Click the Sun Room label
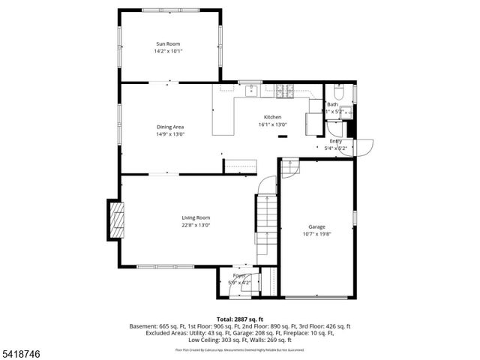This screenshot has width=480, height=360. click(168, 44)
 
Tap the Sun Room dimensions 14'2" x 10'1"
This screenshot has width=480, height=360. click(168, 51)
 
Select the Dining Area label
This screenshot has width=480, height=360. click(170, 127)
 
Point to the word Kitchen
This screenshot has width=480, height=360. click(271, 118)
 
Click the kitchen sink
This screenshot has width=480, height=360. click(252, 91)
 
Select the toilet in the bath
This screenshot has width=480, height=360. click(338, 93)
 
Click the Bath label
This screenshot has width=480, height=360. click(332, 105)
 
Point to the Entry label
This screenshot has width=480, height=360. click(335, 141)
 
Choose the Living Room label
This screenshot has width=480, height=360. click(195, 217)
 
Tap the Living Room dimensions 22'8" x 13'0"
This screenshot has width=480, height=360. click(195, 224)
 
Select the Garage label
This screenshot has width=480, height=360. click(317, 226)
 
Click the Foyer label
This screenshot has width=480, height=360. click(239, 276)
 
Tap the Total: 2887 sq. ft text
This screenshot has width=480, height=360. click(240, 319)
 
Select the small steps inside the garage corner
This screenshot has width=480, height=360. click(290, 168)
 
